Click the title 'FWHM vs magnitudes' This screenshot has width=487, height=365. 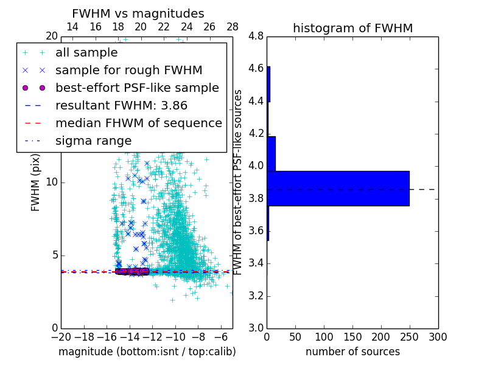pyautogui.click(x=138, y=13)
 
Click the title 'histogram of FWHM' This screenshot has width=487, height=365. pyautogui.click(x=352, y=28)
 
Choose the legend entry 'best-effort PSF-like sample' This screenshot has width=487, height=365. pyautogui.click(x=137, y=88)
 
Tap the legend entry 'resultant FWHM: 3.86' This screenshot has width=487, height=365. pyautogui.click(x=121, y=105)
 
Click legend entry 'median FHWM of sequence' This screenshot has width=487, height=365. pyautogui.click(x=138, y=123)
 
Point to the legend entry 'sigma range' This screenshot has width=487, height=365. pyautogui.click(x=93, y=141)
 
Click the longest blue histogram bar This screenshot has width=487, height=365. pyautogui.click(x=338, y=189)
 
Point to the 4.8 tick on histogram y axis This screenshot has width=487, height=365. pyautogui.click(x=256, y=36)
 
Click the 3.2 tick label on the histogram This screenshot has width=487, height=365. pyautogui.click(x=256, y=296)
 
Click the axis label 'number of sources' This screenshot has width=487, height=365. pyautogui.click(x=352, y=352)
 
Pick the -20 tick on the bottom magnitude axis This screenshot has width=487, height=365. pyautogui.click(x=61, y=336)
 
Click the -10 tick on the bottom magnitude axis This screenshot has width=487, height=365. pyautogui.click(x=175, y=336)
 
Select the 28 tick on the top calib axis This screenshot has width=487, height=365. pyautogui.click(x=233, y=27)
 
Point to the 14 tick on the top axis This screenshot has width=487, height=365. pyautogui.click(x=72, y=27)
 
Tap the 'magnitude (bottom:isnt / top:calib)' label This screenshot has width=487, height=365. pyautogui.click(x=147, y=352)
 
